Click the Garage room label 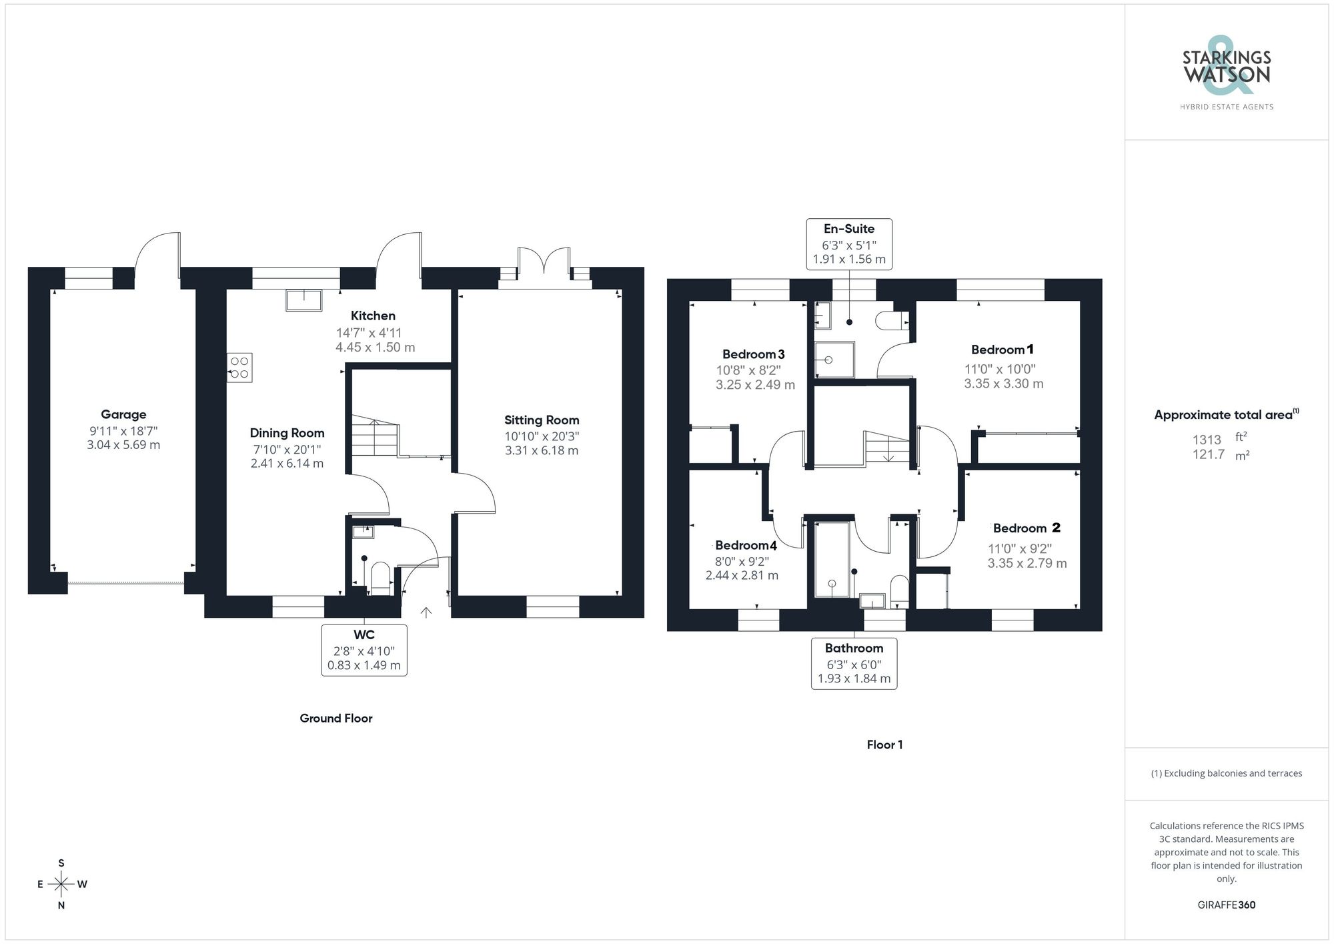(123, 414)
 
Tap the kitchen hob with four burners (239, 368)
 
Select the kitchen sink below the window (303, 300)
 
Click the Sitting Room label (542, 420)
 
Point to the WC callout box (364, 650)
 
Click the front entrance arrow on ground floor (426, 612)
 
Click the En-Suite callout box (849, 244)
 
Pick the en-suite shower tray (834, 360)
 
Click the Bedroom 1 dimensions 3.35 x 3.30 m (1003, 384)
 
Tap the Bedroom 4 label (746, 545)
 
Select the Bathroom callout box (854, 663)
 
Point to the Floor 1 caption (884, 745)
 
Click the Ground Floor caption (336, 718)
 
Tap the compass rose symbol (61, 885)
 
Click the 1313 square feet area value (1207, 440)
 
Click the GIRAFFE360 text (1226, 905)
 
